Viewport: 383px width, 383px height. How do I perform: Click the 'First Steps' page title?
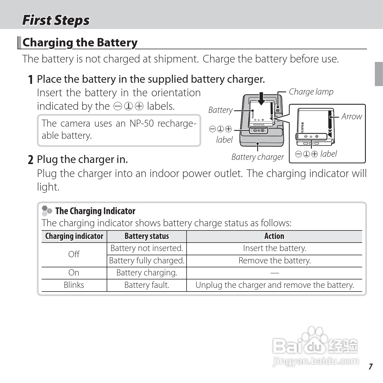(56, 20)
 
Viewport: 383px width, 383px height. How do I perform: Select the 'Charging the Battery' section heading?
(80, 42)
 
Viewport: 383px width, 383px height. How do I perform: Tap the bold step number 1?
(31, 80)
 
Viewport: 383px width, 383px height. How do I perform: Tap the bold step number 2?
(31, 160)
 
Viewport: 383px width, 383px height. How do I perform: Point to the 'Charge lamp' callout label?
(311, 92)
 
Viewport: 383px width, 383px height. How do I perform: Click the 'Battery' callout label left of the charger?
(220, 110)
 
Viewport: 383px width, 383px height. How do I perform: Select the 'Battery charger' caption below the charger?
(257, 157)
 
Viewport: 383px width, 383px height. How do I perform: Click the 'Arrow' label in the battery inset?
(351, 117)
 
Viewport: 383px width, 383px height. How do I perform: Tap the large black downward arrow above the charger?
(261, 99)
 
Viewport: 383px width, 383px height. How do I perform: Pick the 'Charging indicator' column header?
(74, 236)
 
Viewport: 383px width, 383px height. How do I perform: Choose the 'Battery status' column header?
(147, 236)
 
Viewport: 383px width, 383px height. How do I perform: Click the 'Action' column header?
(274, 236)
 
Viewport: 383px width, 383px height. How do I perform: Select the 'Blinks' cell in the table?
(74, 285)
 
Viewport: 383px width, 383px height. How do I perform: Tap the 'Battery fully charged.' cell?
(147, 261)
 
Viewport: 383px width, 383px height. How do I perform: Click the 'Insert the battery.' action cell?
(275, 248)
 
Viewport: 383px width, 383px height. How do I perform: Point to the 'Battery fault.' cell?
(147, 285)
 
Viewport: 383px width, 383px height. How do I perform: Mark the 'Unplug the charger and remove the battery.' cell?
(275, 285)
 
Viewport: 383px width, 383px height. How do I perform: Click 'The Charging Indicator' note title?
(95, 211)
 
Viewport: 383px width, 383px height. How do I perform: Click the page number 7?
(371, 366)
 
